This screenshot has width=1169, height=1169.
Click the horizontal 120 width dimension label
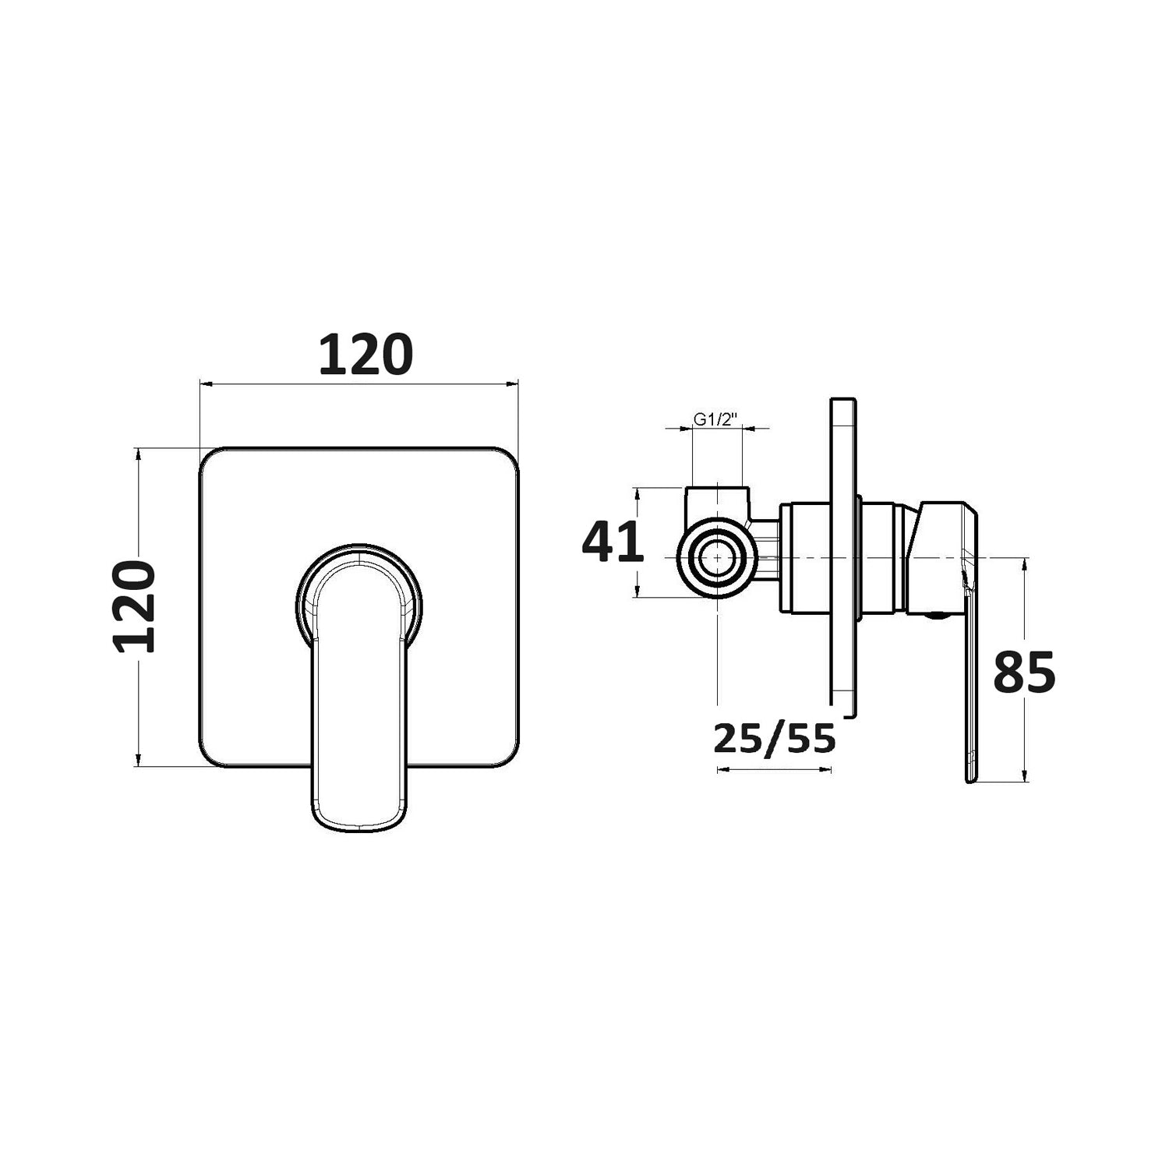click(366, 355)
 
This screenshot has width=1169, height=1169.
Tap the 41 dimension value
click(613, 542)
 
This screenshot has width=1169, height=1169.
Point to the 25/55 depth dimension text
click(774, 738)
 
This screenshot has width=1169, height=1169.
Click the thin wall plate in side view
click(843, 557)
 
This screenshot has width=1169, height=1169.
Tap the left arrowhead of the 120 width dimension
click(205, 383)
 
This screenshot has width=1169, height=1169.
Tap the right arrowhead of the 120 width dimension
click(514, 383)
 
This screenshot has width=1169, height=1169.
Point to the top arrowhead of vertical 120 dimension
click(138, 453)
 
